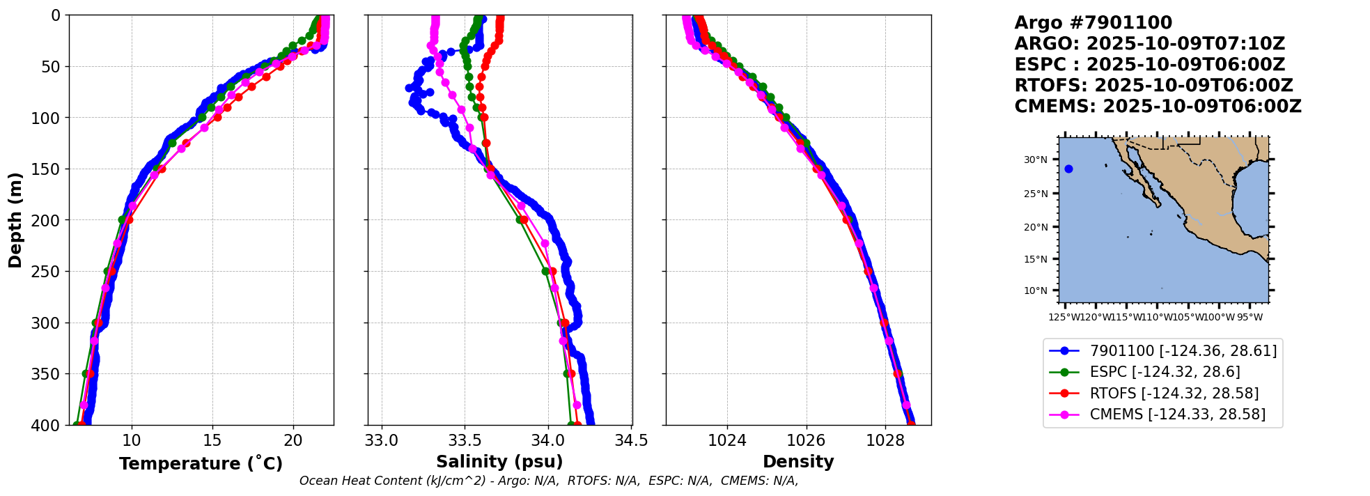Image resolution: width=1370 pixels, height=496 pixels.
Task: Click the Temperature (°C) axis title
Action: click(201, 464)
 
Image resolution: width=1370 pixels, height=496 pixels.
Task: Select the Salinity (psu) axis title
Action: click(499, 462)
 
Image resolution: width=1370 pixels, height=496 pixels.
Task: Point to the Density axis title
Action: click(798, 462)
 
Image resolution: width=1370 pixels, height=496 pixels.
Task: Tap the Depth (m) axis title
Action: click(15, 220)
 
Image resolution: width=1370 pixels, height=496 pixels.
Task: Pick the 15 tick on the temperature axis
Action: click(212, 440)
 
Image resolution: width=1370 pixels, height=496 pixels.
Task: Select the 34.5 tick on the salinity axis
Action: click(632, 440)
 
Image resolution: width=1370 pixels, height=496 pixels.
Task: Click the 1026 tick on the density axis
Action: click(806, 440)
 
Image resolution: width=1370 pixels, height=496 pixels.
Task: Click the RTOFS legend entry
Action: click(1174, 394)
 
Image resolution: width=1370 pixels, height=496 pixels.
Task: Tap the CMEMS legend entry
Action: click(1177, 414)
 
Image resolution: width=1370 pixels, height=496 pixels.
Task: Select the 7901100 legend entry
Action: click(1183, 351)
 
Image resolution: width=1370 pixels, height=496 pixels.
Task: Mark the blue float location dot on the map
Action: click(1068, 169)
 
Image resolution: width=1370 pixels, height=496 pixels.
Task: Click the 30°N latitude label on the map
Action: click(1035, 160)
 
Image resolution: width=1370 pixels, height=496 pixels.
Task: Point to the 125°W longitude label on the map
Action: click(1064, 318)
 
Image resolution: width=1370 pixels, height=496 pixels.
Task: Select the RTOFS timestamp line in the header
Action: click(1153, 86)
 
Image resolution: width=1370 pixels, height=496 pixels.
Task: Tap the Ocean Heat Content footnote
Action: click(548, 481)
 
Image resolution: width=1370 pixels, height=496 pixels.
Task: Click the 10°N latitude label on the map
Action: click(1035, 290)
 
